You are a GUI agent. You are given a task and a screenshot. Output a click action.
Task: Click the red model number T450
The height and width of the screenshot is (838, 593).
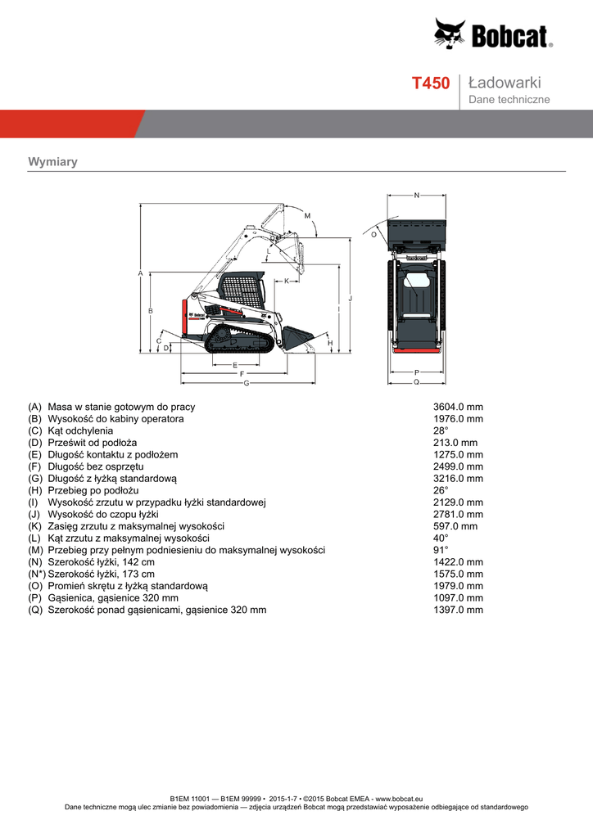coord(430,83)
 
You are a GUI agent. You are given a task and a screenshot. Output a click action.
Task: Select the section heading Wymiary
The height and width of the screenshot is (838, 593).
coord(52,162)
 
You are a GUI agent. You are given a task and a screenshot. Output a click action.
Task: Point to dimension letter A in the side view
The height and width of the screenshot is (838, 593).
coord(141,273)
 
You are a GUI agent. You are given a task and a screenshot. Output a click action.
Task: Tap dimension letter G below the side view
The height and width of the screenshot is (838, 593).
coord(246,384)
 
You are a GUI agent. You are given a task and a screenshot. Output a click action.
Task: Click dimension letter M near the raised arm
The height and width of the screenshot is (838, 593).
coord(307,215)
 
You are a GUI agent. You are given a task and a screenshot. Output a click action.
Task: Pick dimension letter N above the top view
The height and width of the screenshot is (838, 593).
coord(417,196)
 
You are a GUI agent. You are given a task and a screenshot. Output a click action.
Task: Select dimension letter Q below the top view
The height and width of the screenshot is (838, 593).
coord(416,382)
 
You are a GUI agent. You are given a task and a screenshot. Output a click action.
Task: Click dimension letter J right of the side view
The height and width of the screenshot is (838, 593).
coord(350,299)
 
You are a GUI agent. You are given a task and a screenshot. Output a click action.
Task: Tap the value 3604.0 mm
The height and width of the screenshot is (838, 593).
coord(458,407)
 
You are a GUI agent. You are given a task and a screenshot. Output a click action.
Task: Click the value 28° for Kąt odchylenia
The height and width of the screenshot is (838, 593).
coord(441,430)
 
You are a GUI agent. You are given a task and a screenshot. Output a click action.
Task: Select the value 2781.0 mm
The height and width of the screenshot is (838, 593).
coord(458,514)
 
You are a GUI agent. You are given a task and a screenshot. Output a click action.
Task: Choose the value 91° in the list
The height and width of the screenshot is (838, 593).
coord(441,550)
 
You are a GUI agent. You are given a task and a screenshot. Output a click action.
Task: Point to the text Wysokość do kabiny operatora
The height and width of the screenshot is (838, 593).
coord(115,419)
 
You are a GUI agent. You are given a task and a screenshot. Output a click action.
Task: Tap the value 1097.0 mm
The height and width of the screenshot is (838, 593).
coord(458,598)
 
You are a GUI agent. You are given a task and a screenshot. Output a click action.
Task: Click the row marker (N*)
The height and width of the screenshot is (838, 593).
coord(36,574)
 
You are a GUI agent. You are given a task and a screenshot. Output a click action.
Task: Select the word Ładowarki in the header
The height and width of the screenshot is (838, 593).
coord(505,83)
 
